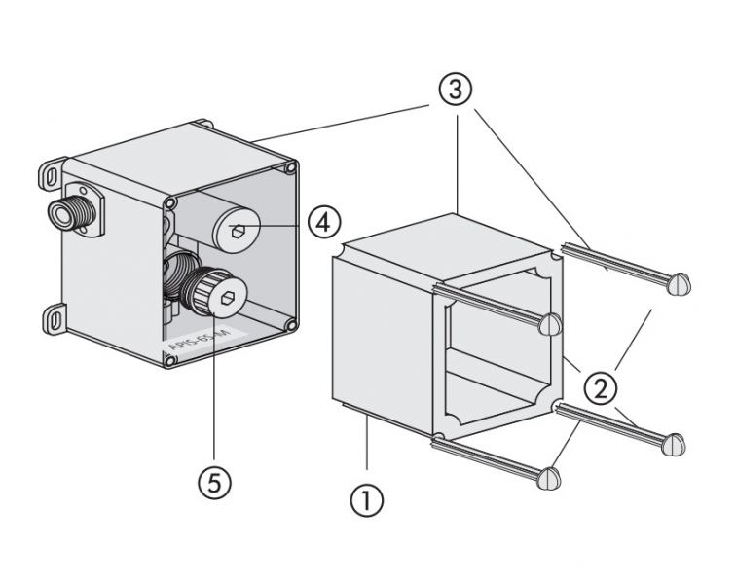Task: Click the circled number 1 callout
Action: (367, 502)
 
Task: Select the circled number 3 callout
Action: (456, 91)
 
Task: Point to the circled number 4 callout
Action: (322, 222)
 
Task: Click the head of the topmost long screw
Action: (679, 282)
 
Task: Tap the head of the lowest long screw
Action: (549, 479)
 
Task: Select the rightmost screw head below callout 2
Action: (673, 445)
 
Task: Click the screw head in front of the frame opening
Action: (550, 324)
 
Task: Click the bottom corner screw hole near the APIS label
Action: (170, 361)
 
